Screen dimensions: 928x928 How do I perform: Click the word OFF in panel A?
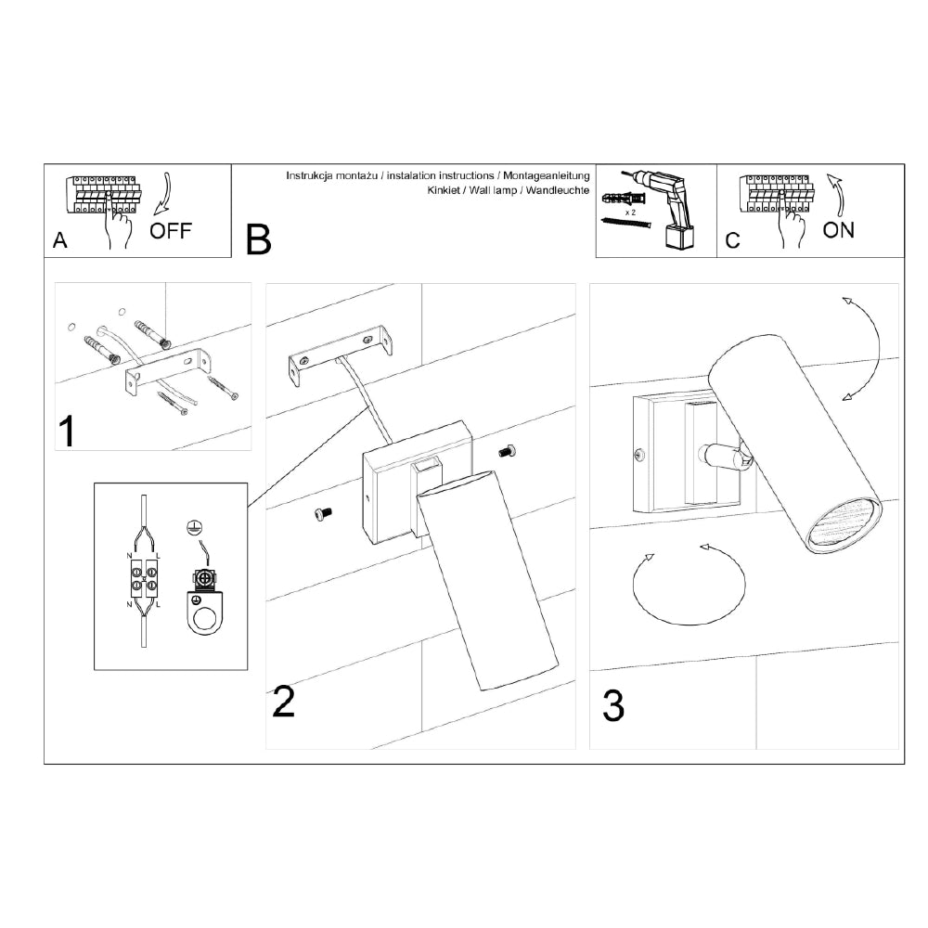pos(171,230)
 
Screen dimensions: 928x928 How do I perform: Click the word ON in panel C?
pos(839,230)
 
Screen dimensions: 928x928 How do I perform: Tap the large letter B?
pos(259,239)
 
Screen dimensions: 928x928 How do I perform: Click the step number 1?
pos(67,431)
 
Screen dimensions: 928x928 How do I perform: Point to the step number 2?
pos(283,702)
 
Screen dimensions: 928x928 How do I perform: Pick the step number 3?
pos(613,705)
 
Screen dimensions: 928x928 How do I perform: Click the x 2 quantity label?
pos(630,212)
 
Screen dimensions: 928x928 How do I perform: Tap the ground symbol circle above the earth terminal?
pos(191,529)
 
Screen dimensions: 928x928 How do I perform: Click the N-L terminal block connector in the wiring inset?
pos(144,579)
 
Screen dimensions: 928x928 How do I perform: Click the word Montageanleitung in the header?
pos(547,175)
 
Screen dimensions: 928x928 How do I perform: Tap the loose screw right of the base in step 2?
pos(507,452)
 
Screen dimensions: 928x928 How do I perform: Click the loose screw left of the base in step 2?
pos(323,514)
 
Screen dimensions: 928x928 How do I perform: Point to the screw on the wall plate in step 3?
pos(639,455)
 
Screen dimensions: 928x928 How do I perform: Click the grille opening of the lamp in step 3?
pos(844,523)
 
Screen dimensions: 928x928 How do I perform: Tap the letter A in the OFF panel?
pos(59,240)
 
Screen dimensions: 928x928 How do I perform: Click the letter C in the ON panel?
pos(733,240)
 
